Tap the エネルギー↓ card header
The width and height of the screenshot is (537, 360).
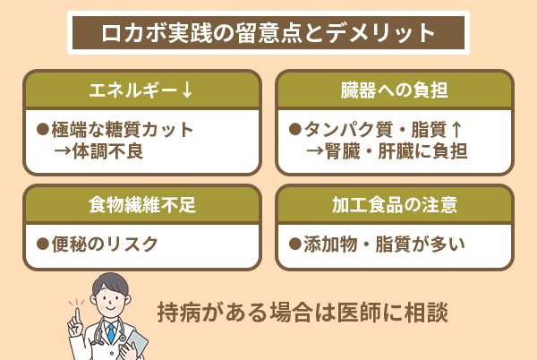coord(142,90)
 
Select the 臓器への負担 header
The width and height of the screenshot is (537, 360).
coord(395,90)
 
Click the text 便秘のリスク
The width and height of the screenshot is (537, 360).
coord(105,243)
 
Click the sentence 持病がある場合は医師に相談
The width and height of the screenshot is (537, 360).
coord(302,314)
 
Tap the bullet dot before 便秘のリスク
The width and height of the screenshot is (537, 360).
coord(41,243)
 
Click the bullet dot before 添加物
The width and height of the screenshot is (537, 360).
coord(294,243)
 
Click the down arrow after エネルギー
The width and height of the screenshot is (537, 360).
coord(187,90)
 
